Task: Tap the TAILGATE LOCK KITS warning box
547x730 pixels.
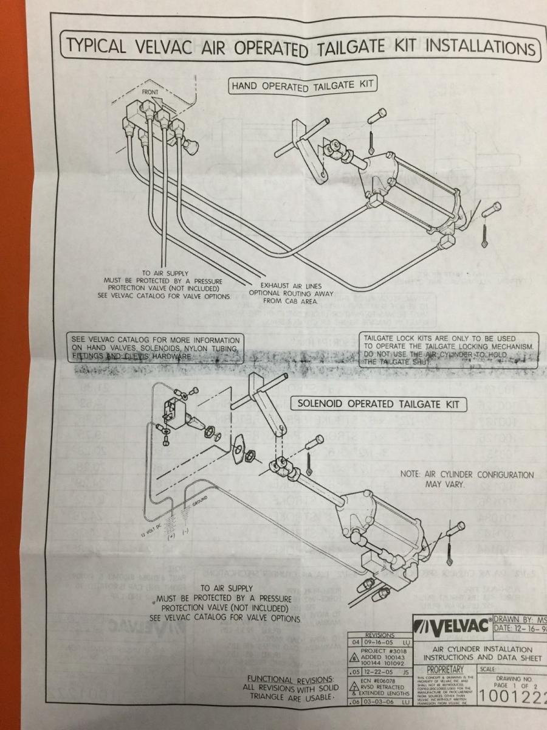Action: tap(449, 350)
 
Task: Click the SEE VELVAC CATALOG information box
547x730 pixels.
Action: tap(156, 349)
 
